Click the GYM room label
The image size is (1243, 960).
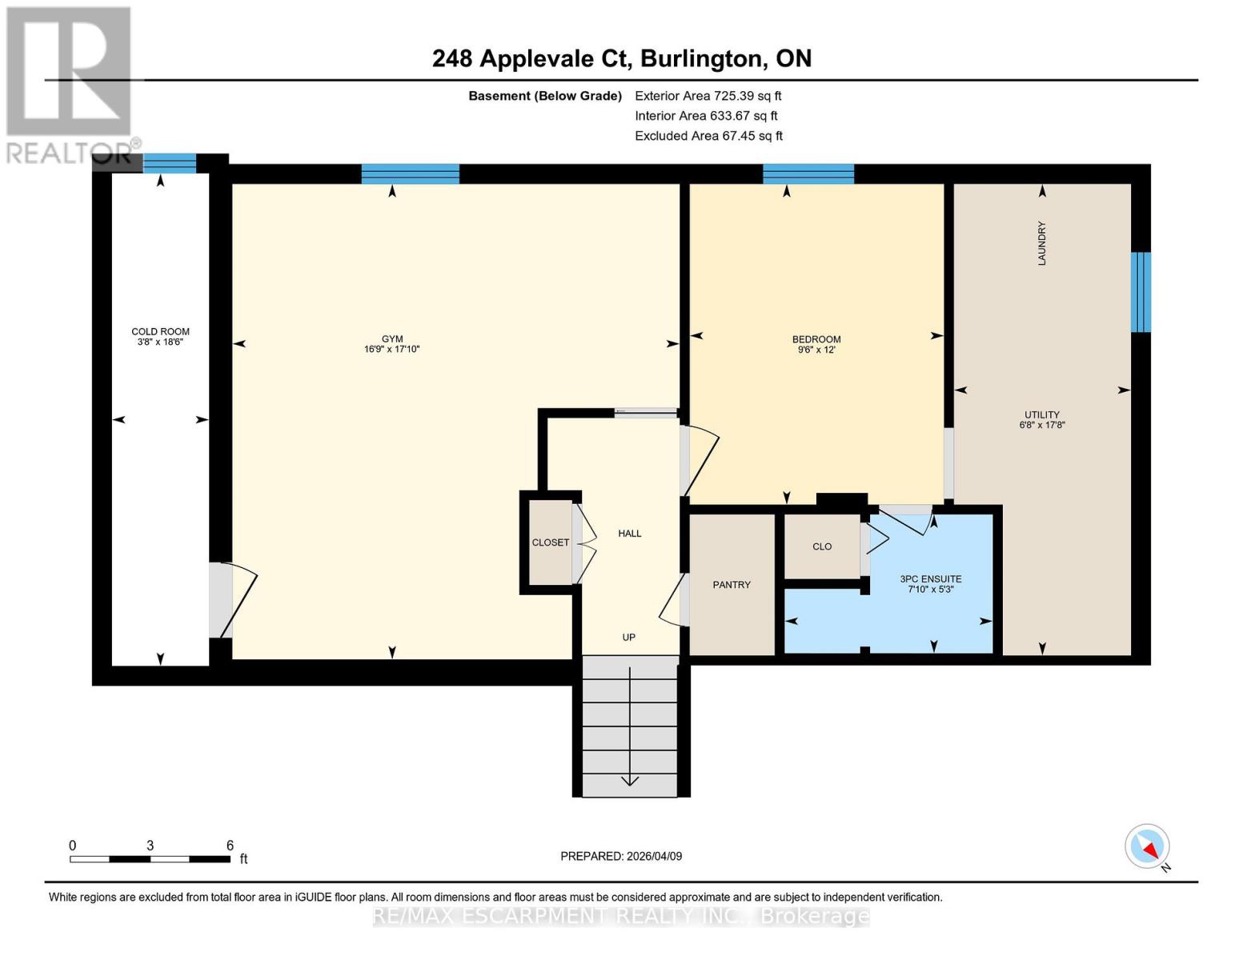click(392, 339)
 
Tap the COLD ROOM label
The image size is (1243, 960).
click(160, 332)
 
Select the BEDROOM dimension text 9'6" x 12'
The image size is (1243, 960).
click(816, 350)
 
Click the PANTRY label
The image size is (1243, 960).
click(731, 584)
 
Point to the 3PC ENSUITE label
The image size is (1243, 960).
click(931, 578)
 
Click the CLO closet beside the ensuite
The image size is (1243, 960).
click(822, 546)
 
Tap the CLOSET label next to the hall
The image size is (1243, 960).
click(551, 542)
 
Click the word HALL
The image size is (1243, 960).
click(629, 533)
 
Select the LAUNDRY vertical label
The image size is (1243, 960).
click(1041, 243)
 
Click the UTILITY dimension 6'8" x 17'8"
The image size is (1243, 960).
click(1041, 425)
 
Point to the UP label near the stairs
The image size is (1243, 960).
click(628, 637)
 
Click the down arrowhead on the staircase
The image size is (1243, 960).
click(629, 781)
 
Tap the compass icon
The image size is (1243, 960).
click(1147, 846)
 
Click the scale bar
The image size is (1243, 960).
click(150, 858)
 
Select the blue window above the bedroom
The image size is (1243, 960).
click(808, 174)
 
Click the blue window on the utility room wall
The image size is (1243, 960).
click(1141, 292)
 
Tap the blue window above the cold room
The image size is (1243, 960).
click(170, 163)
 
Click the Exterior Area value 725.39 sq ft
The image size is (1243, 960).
click(748, 96)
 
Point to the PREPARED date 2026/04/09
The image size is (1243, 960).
click(655, 856)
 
